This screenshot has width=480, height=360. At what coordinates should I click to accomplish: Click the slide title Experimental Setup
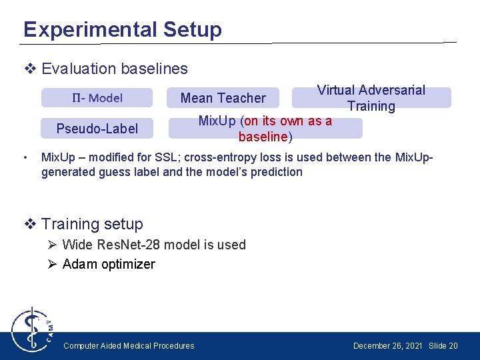coord(122,29)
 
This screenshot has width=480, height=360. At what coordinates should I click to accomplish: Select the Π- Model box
coord(97,98)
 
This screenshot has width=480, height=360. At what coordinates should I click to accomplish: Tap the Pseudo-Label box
coord(97,129)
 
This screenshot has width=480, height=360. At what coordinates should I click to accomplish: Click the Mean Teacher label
coord(223,98)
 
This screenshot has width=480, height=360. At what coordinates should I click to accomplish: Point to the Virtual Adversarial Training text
coord(371,98)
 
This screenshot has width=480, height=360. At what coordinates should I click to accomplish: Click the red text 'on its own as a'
coord(288,121)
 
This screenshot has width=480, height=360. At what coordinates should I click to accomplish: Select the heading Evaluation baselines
coord(114,69)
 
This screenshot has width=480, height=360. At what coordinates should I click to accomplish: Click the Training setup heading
coord(92,224)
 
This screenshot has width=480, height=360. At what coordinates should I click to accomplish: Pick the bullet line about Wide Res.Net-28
coord(154,245)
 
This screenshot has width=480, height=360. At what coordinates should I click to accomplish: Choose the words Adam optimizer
coord(109,264)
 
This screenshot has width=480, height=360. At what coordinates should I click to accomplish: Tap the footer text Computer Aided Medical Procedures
coord(129,345)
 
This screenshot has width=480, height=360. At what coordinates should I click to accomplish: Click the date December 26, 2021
coord(387,345)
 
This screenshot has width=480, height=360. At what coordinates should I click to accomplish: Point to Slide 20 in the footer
coord(443,345)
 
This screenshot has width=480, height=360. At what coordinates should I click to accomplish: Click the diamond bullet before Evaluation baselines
coord(29,69)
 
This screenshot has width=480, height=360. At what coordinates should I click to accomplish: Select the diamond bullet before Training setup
coord(29,224)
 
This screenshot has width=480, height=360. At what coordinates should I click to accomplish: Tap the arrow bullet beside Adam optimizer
coord(53,264)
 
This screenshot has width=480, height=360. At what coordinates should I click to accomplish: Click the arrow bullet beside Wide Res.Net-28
coord(53,245)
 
